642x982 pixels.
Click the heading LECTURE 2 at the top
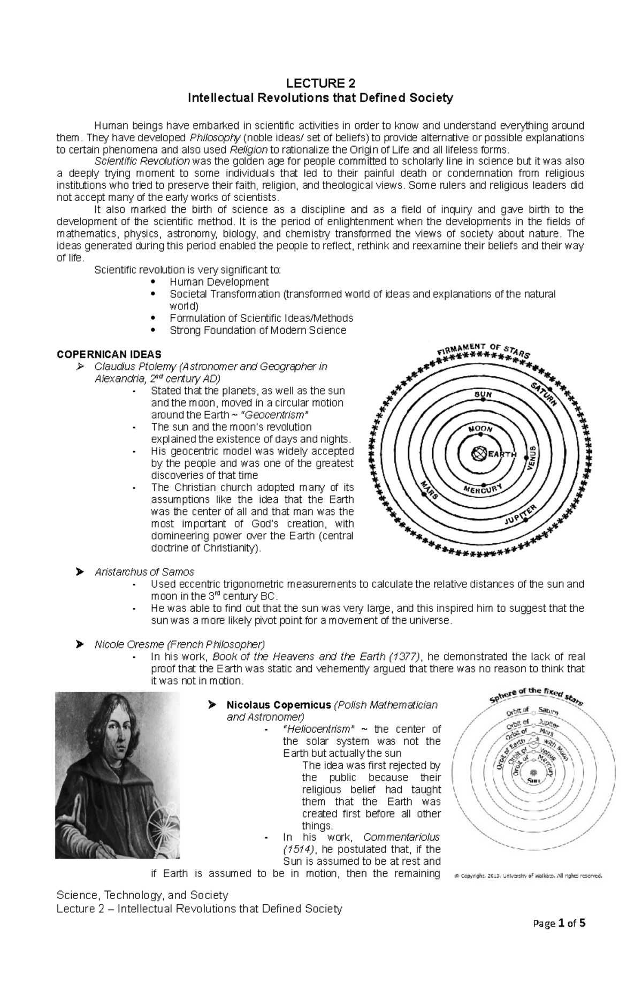320,83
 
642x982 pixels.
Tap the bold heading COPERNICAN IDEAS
109,354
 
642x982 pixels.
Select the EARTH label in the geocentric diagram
501,454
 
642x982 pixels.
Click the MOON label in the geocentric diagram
481,430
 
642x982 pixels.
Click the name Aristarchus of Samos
144,572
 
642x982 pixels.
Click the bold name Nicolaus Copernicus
279,705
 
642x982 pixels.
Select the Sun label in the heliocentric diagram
533,781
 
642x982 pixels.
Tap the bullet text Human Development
219,282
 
